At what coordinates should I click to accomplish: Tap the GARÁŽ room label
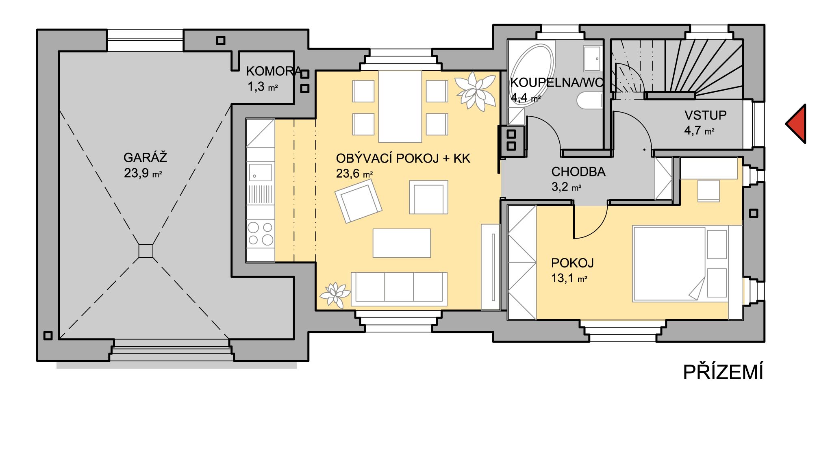pyautogui.click(x=145, y=158)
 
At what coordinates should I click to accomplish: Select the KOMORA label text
pyautogui.click(x=274, y=71)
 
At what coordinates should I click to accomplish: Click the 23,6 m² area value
pyautogui.click(x=354, y=174)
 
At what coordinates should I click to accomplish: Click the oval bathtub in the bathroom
pyautogui.click(x=532, y=75)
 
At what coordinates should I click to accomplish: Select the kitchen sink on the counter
pyautogui.click(x=260, y=172)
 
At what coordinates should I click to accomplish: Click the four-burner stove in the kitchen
pyautogui.click(x=261, y=234)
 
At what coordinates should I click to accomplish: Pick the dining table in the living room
pyautogui.click(x=400, y=106)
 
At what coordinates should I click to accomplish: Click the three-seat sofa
pyautogui.click(x=399, y=289)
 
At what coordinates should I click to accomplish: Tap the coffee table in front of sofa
pyautogui.click(x=402, y=243)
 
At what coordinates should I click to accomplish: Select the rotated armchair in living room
pyautogui.click(x=358, y=201)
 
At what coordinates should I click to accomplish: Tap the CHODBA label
pyautogui.click(x=578, y=172)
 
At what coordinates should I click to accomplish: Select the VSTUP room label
pyautogui.click(x=705, y=115)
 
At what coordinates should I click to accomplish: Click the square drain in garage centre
pyautogui.click(x=146, y=251)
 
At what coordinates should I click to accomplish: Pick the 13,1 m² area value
pyautogui.click(x=569, y=278)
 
